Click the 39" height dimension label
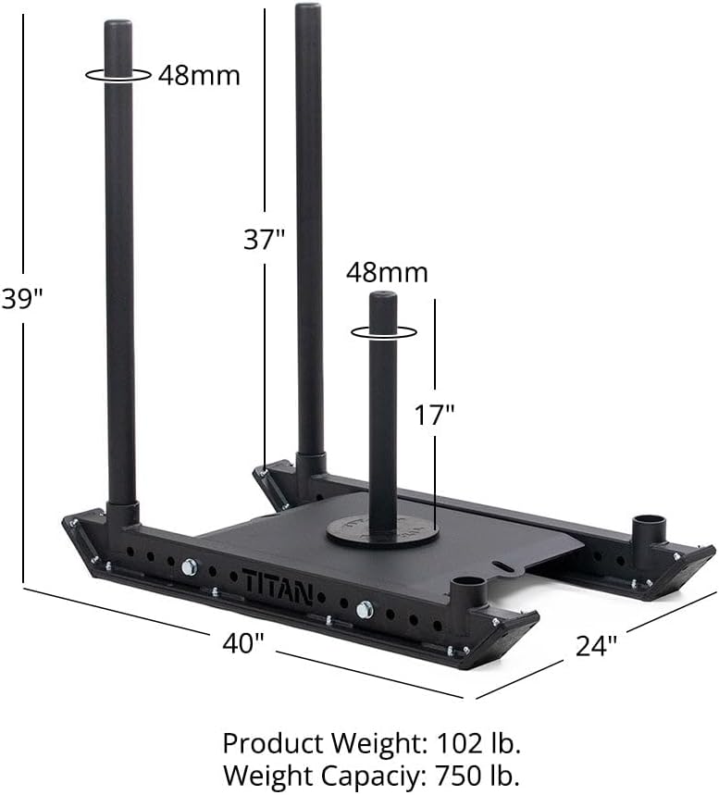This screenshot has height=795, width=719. coord(22,300)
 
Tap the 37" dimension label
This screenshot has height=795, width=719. coord(264,240)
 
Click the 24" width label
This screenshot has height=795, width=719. coord(597,645)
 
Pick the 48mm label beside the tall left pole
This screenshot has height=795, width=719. coord(198,75)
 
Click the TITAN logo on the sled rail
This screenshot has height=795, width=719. coord(277,586)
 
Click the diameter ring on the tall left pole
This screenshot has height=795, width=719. coord(118,75)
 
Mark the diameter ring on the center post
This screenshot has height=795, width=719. coord(383,330)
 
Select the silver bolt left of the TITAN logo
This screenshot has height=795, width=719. coord(189,566)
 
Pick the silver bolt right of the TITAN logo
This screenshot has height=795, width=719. coord(365,609)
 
